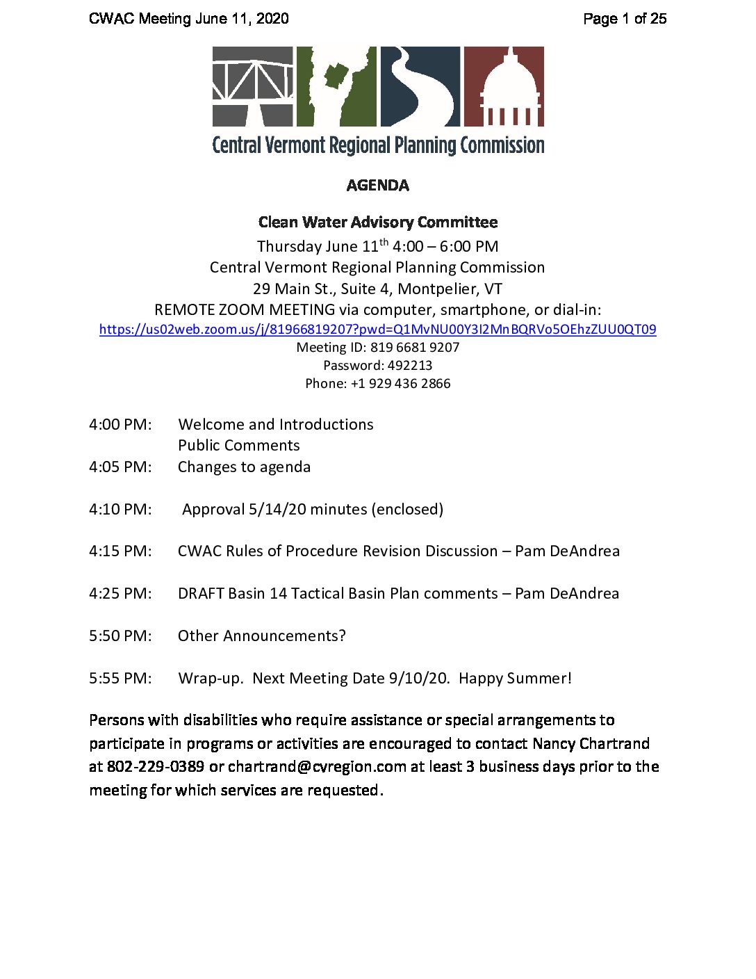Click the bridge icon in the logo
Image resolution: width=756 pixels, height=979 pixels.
[252, 86]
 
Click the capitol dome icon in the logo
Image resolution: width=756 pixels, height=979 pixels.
[504, 86]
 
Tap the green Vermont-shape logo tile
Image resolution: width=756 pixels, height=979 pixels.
[336, 86]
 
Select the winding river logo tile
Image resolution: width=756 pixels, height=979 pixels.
[420, 86]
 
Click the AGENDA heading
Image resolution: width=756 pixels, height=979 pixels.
[377, 185]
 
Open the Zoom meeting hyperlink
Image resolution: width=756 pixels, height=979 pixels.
[377, 330]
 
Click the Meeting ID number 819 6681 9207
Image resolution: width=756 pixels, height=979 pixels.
[415, 348]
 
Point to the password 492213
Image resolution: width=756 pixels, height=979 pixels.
[410, 366]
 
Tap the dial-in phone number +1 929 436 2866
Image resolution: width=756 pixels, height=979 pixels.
[400, 384]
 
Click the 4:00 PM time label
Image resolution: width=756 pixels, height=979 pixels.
[120, 425]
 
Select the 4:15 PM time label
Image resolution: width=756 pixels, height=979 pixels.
[120, 551]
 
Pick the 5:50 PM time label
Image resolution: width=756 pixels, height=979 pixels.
[120, 636]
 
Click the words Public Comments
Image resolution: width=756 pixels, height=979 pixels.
[239, 446]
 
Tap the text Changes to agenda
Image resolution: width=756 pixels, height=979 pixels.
[244, 467]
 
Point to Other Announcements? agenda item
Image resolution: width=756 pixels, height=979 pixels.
[261, 636]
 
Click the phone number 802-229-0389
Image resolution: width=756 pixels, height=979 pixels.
[156, 767]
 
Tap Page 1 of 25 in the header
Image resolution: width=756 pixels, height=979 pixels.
[625, 19]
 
